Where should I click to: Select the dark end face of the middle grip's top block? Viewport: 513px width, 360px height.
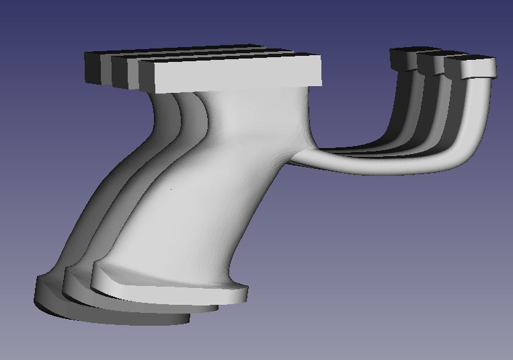click(120, 72)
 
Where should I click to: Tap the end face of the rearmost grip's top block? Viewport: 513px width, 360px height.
click(92, 67)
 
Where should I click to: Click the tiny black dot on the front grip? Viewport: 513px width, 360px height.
click(171, 190)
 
